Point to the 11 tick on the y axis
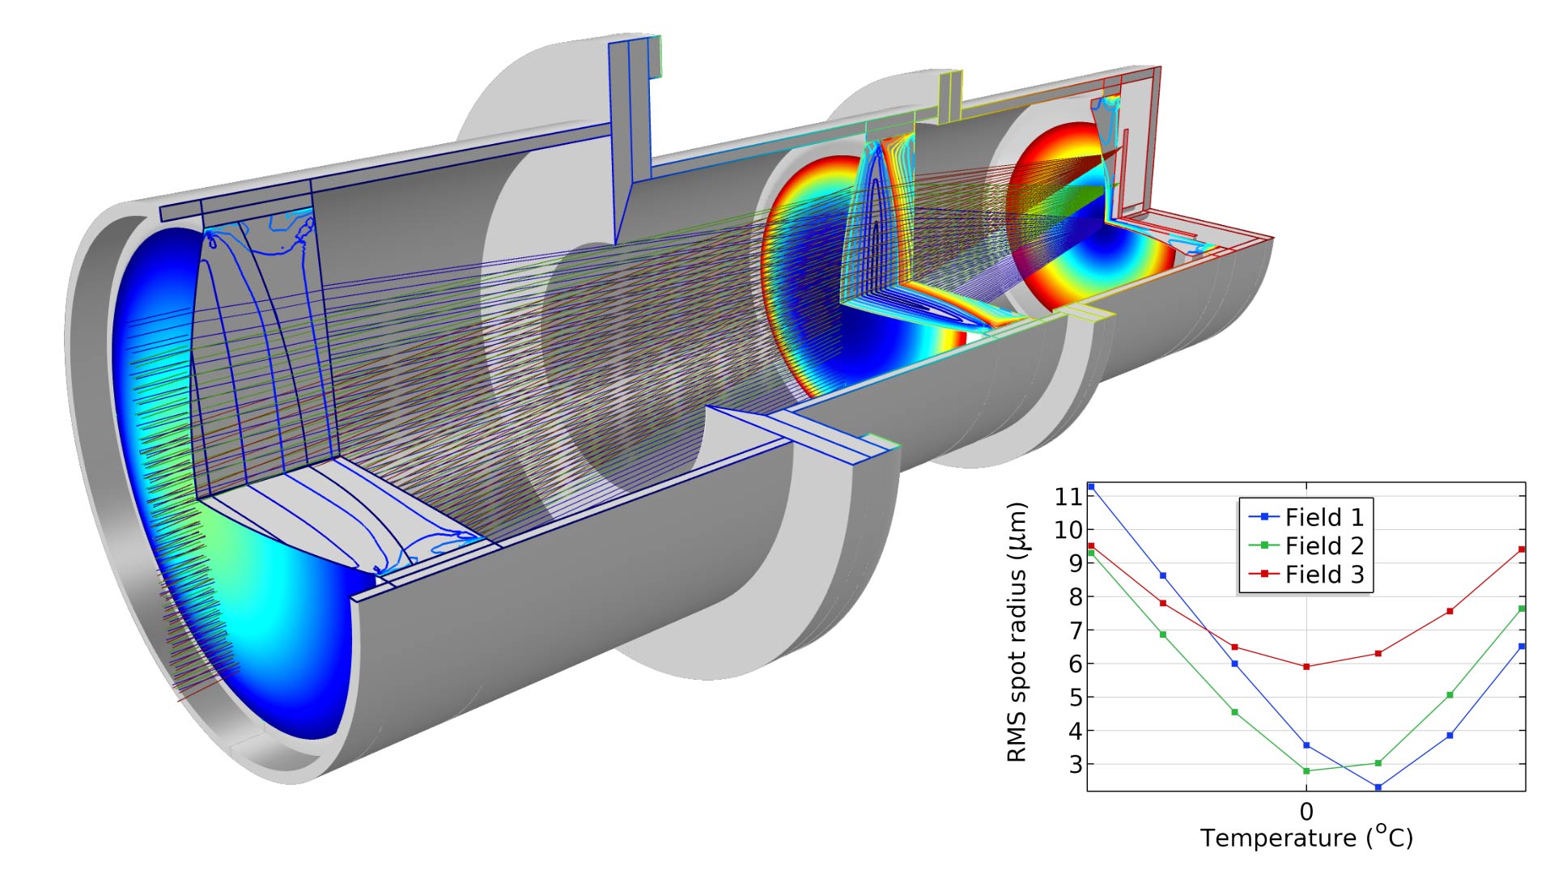click(1068, 496)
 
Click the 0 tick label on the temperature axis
click(1306, 811)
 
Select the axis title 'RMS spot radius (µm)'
click(1017, 633)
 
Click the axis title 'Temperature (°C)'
click(1306, 838)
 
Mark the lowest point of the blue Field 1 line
click(1378, 787)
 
